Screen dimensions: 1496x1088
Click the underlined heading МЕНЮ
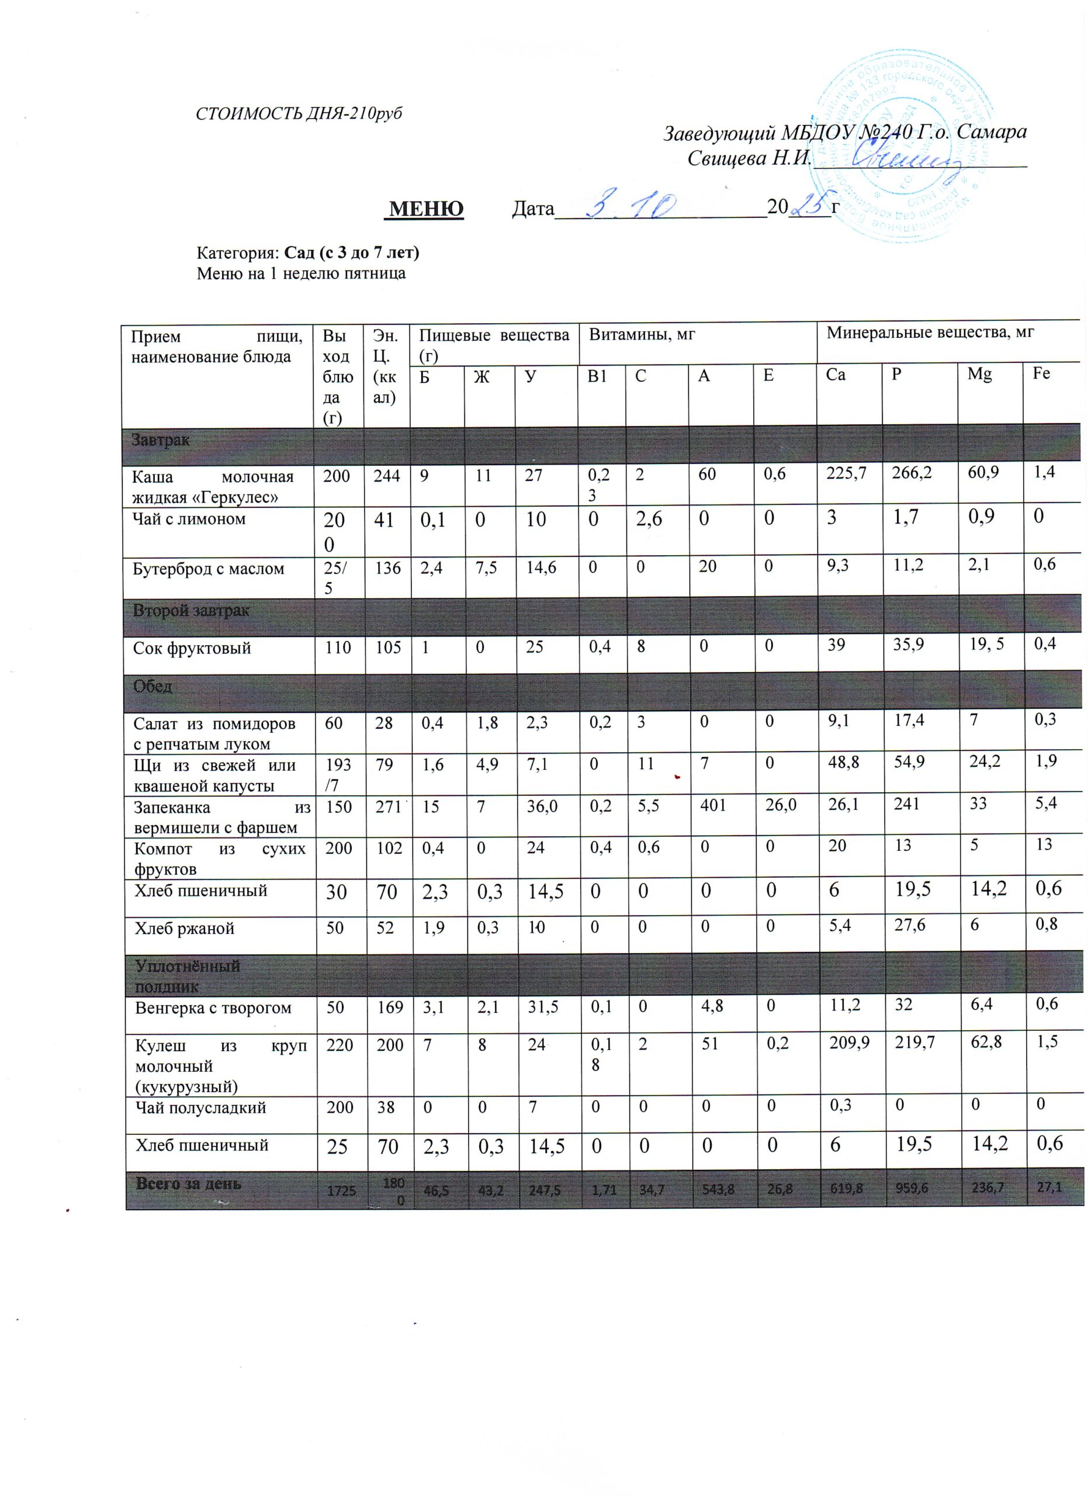point(426,209)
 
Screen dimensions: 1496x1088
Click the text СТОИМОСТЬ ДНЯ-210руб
point(299,113)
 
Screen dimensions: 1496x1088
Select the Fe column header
point(1042,373)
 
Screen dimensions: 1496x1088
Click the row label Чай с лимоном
point(189,519)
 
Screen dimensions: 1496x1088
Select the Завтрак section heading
point(161,440)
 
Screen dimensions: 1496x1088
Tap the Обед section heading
point(153,687)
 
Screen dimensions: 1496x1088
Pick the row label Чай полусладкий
point(201,1107)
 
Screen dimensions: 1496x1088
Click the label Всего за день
point(189,1183)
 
